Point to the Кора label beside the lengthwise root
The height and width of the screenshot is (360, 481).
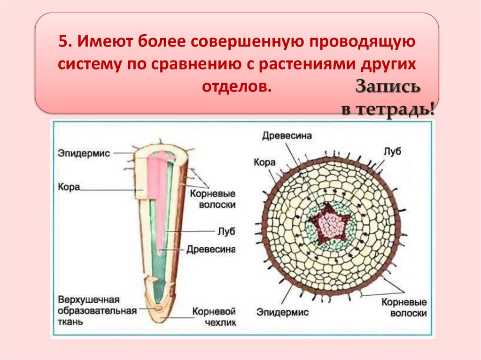[x=69, y=187]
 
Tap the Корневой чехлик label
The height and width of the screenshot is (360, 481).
[x=214, y=316]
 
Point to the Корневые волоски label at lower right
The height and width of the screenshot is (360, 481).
[x=404, y=307]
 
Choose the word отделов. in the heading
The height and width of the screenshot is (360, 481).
[x=237, y=87]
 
